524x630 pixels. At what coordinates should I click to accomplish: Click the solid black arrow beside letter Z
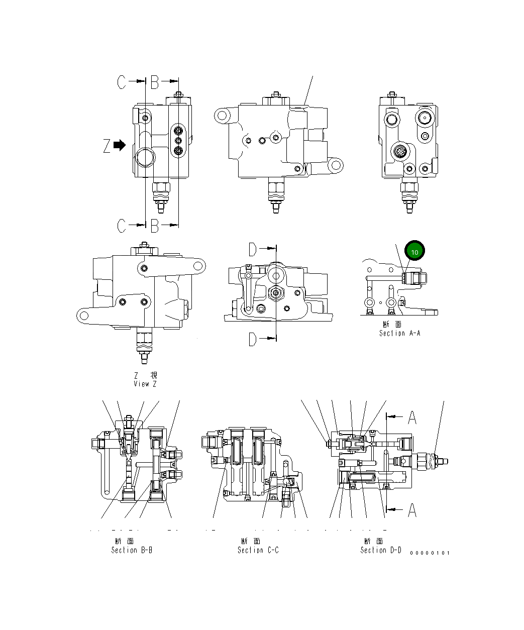point(120,145)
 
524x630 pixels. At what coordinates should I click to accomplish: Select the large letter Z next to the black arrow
point(107,146)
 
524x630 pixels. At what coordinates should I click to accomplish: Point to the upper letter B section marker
point(155,82)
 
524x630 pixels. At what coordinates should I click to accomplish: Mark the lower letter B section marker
point(155,226)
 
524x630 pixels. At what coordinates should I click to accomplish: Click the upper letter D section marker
point(253,249)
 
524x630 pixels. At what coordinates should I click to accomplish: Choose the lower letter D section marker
point(253,340)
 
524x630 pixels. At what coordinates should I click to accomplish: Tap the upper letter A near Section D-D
point(412,417)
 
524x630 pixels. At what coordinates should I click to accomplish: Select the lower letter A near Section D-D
point(412,510)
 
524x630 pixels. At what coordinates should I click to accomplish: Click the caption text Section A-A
point(399,333)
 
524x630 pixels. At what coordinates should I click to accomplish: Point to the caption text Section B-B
point(132,550)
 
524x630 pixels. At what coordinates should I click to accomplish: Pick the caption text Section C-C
point(258,550)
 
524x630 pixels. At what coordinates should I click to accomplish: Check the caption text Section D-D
point(381,550)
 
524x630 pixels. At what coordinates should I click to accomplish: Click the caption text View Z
point(145,384)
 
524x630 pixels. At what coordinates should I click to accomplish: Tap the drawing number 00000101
point(430,553)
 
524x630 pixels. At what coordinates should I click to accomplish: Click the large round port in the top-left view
point(145,158)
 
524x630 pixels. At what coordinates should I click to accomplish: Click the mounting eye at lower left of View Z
point(83,316)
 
